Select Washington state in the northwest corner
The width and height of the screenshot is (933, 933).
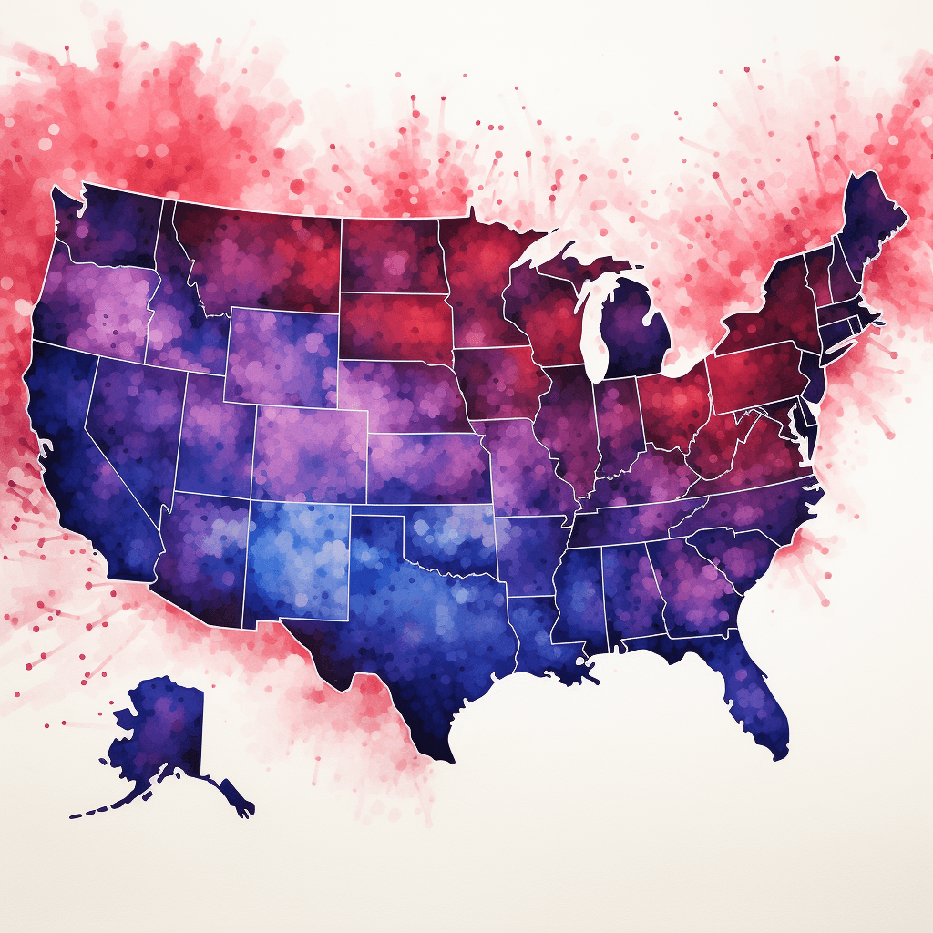pos(109,223)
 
